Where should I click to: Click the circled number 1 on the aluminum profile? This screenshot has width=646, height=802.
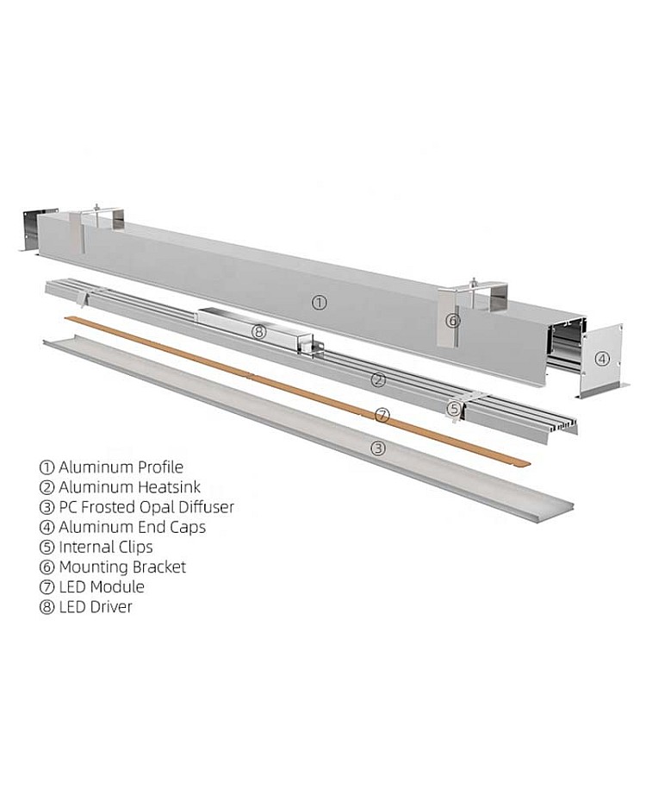(319, 303)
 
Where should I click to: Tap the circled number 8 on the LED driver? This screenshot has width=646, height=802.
(259, 332)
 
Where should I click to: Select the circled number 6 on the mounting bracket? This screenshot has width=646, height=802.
(453, 321)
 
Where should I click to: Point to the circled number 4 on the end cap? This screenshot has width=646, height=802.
(603, 359)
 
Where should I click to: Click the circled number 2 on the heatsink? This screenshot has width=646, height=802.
(378, 380)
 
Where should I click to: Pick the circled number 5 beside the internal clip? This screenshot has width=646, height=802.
(454, 409)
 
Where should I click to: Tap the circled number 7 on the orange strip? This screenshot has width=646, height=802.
(382, 415)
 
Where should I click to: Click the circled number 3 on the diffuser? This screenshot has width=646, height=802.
(377, 448)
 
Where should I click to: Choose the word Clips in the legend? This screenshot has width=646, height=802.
(132, 547)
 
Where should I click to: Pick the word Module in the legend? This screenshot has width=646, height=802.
(116, 586)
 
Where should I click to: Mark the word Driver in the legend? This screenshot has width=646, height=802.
(110, 606)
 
